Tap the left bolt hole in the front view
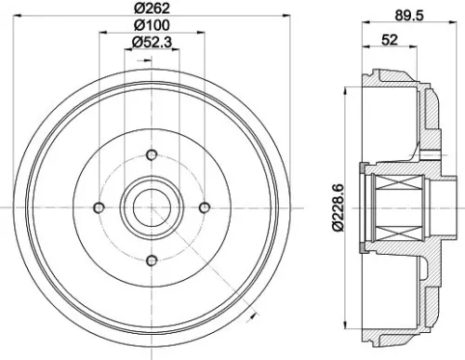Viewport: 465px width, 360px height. tap(99, 207)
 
